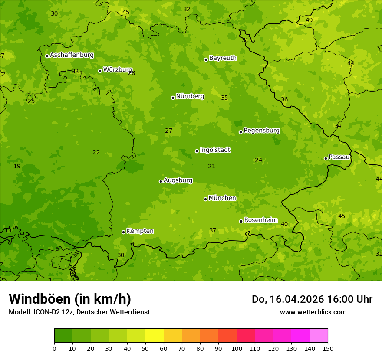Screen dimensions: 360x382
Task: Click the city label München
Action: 222,198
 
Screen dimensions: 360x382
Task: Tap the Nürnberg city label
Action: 190,96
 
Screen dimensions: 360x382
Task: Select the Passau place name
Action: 339,157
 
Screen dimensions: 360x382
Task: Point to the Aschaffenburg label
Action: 72,55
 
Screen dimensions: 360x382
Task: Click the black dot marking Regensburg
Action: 240,132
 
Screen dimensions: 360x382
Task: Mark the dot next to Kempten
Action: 123,232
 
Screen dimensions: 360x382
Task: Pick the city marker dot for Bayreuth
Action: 206,59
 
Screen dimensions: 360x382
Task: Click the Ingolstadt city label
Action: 215,150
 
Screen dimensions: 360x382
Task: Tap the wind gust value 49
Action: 309,20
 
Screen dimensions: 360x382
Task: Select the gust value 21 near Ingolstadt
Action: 212,167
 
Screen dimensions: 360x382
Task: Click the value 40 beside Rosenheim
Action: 284,224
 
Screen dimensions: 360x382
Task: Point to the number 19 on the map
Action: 17,167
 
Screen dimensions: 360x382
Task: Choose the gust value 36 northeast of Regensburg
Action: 284,100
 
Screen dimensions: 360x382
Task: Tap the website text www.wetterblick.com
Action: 313,312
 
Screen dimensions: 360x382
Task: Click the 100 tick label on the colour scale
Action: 237,348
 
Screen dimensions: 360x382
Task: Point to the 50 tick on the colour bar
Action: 145,348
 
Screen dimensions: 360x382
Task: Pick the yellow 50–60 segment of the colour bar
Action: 155,335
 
